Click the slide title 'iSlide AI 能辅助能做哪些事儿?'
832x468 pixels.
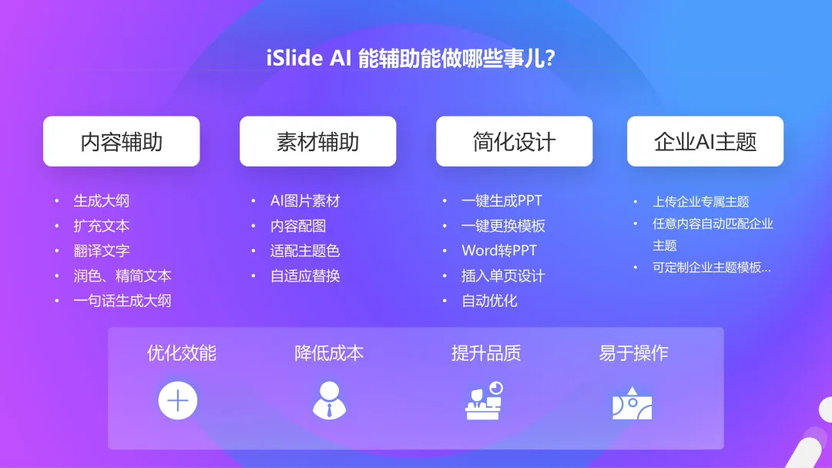(x=411, y=58)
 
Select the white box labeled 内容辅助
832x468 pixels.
(x=122, y=141)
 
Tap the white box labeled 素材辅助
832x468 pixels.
(x=318, y=141)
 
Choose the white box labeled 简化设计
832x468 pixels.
(x=514, y=141)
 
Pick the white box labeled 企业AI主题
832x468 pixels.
(x=705, y=141)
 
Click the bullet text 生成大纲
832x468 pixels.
(x=102, y=200)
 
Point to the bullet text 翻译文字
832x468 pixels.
(x=102, y=251)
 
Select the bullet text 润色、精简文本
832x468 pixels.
(x=122, y=276)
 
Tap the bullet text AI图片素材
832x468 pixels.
(x=305, y=200)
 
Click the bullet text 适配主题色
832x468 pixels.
(x=305, y=251)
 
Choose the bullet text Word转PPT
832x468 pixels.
(x=499, y=251)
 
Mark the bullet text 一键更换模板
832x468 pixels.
(x=503, y=226)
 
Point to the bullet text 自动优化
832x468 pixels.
(x=489, y=301)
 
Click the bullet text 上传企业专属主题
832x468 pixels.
(x=700, y=202)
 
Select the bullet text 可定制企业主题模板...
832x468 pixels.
(x=712, y=268)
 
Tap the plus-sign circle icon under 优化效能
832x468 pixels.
(x=178, y=400)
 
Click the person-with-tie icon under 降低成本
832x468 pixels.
(x=330, y=400)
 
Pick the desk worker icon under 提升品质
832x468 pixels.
(x=484, y=400)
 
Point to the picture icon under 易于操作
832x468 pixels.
(x=632, y=402)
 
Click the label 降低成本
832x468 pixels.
(x=329, y=353)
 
